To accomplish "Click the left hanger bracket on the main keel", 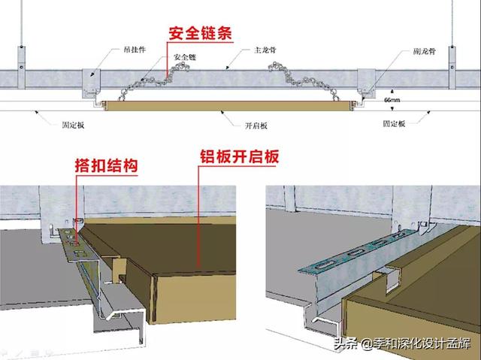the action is (91, 81).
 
